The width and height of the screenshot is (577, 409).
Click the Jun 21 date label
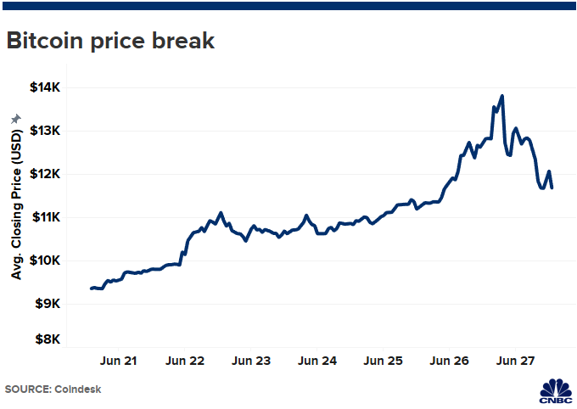pos(119,361)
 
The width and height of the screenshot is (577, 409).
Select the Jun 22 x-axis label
pos(186,361)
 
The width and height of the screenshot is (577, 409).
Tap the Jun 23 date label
pos(252,361)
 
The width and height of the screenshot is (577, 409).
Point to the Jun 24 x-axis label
pos(318,361)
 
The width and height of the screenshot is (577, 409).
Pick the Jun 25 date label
pos(384,361)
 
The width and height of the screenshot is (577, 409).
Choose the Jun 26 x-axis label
pos(451,361)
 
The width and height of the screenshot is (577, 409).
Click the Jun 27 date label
pos(517,361)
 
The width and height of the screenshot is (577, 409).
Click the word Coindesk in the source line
pos(84,389)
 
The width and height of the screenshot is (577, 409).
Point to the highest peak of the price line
pos(502,96)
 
